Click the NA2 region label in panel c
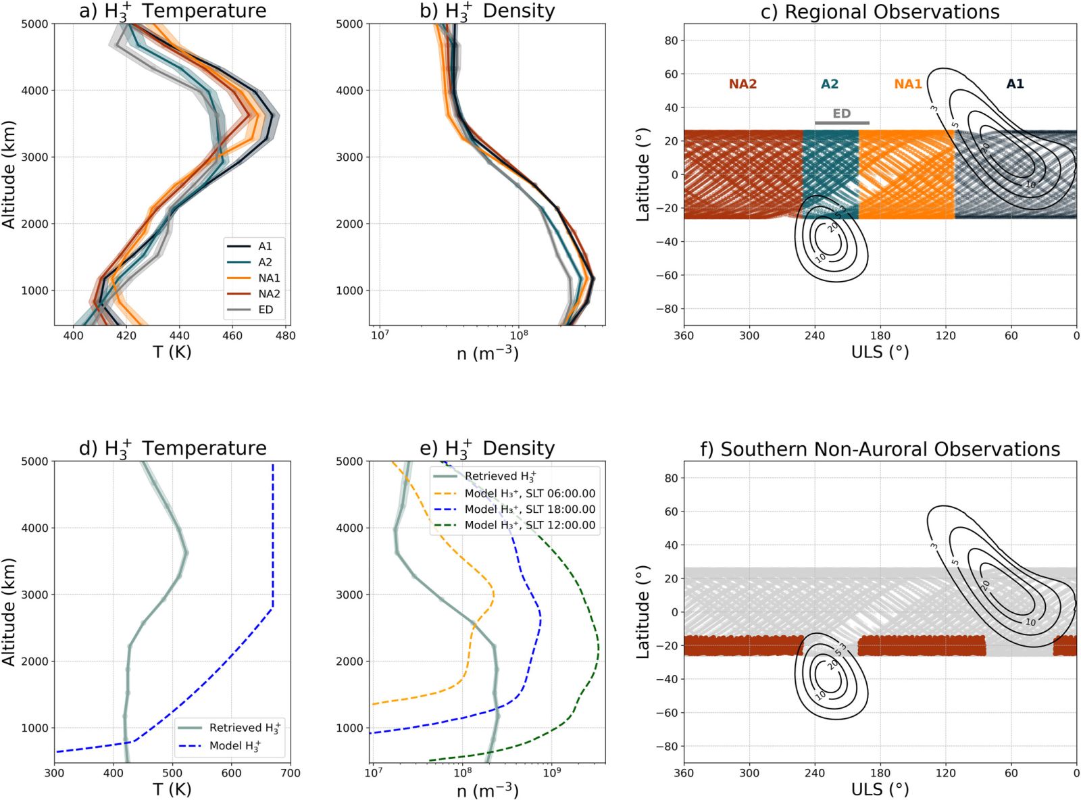[x=743, y=84]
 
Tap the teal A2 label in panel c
[x=830, y=84]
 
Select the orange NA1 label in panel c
[x=908, y=84]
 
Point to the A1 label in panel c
[x=1015, y=84]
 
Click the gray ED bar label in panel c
[x=841, y=114]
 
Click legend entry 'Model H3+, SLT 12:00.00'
[x=530, y=525]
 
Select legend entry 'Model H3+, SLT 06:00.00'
[x=530, y=494]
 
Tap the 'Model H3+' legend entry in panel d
[x=234, y=746]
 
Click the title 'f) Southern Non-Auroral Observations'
[x=880, y=449]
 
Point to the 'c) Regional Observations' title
[x=880, y=12]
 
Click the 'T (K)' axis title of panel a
[x=172, y=352]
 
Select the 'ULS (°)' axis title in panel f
[x=880, y=789]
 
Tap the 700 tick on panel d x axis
[x=291, y=773]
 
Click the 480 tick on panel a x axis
[x=285, y=336]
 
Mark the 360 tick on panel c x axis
[x=684, y=336]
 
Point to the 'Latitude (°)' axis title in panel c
[x=643, y=174]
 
